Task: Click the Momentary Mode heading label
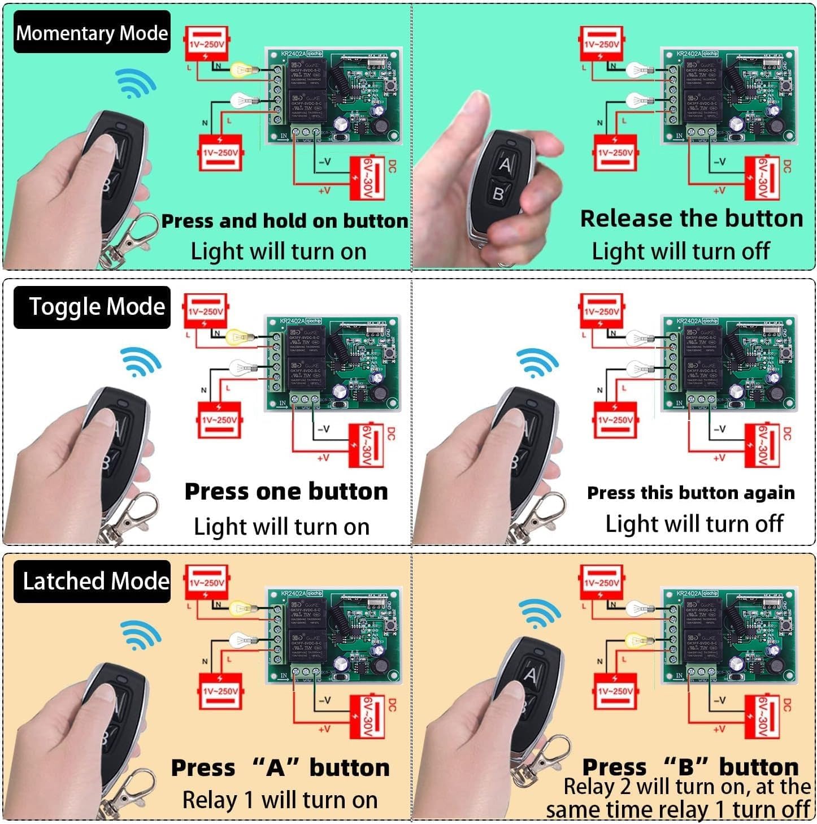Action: pos(92,33)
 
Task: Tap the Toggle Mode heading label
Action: pos(96,307)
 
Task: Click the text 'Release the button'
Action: pos(691,219)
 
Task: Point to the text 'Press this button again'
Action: pos(690,493)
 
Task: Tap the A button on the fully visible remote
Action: pos(505,164)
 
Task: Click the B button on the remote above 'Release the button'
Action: pos(498,194)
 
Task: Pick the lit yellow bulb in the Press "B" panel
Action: pos(637,641)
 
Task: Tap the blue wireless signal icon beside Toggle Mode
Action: pos(140,362)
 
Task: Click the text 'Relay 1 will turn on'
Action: pos(280,800)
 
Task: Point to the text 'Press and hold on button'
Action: pos(284,221)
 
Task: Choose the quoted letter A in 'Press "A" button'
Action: pos(275,768)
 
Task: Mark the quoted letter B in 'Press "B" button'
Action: pos(686,767)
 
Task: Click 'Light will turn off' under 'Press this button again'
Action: pos(694,524)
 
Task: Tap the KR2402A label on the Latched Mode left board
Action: pos(293,593)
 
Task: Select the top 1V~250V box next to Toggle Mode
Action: pos(206,311)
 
